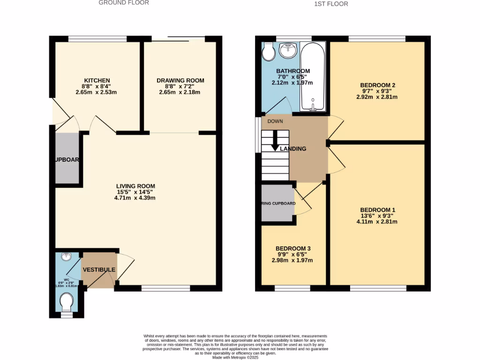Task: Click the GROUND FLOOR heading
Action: (124, 3)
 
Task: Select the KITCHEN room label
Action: (97, 81)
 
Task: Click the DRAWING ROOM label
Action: (180, 81)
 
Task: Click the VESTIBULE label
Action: (99, 270)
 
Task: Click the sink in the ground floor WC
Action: (66, 257)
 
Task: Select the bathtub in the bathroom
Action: (312, 77)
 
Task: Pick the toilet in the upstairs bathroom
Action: (269, 53)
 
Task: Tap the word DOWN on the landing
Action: (275, 121)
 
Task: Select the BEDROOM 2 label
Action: (378, 85)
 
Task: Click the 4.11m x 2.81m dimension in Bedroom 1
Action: (377, 222)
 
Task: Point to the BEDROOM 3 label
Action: (293, 248)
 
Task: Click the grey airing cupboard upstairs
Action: (277, 204)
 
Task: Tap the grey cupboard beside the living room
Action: (67, 158)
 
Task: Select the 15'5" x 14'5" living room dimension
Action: (135, 192)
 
